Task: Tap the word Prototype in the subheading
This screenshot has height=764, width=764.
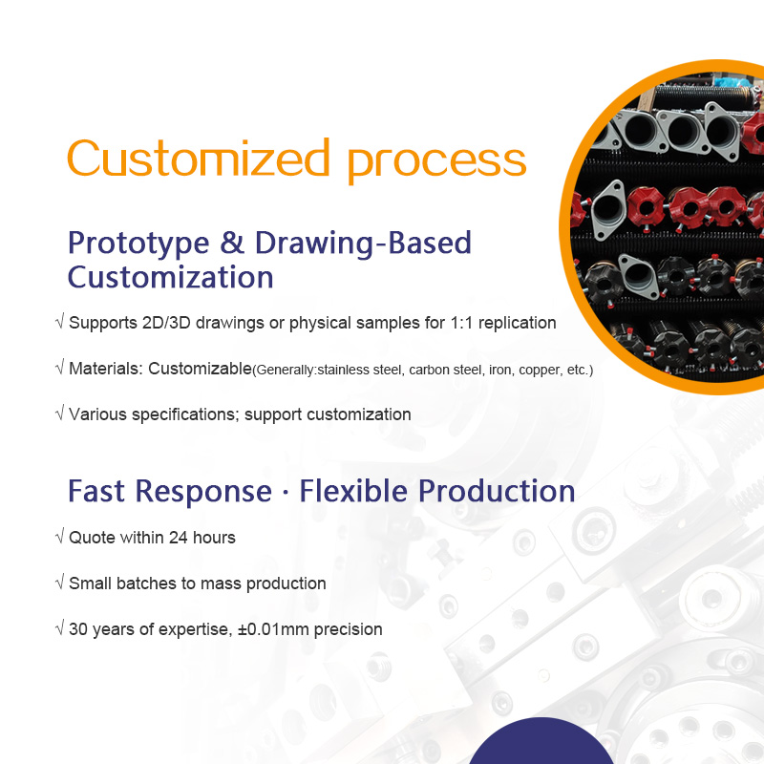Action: pos(135,243)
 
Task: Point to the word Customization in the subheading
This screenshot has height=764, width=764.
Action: pos(170,278)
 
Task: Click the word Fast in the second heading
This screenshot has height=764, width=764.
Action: pos(96,491)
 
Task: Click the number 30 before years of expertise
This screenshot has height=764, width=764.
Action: pos(78,629)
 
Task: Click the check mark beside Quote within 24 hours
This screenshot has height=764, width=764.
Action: pos(60,538)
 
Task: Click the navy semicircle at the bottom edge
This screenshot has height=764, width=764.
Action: pos(541,745)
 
